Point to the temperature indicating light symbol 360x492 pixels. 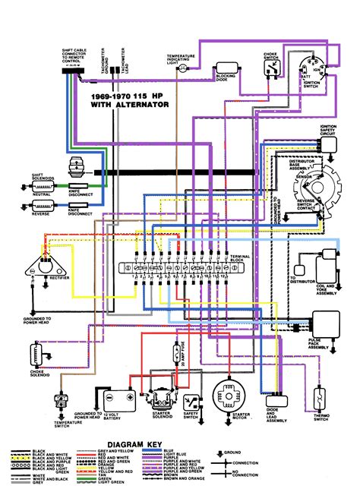(x=179, y=68)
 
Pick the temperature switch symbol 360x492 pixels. (x=60, y=399)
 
